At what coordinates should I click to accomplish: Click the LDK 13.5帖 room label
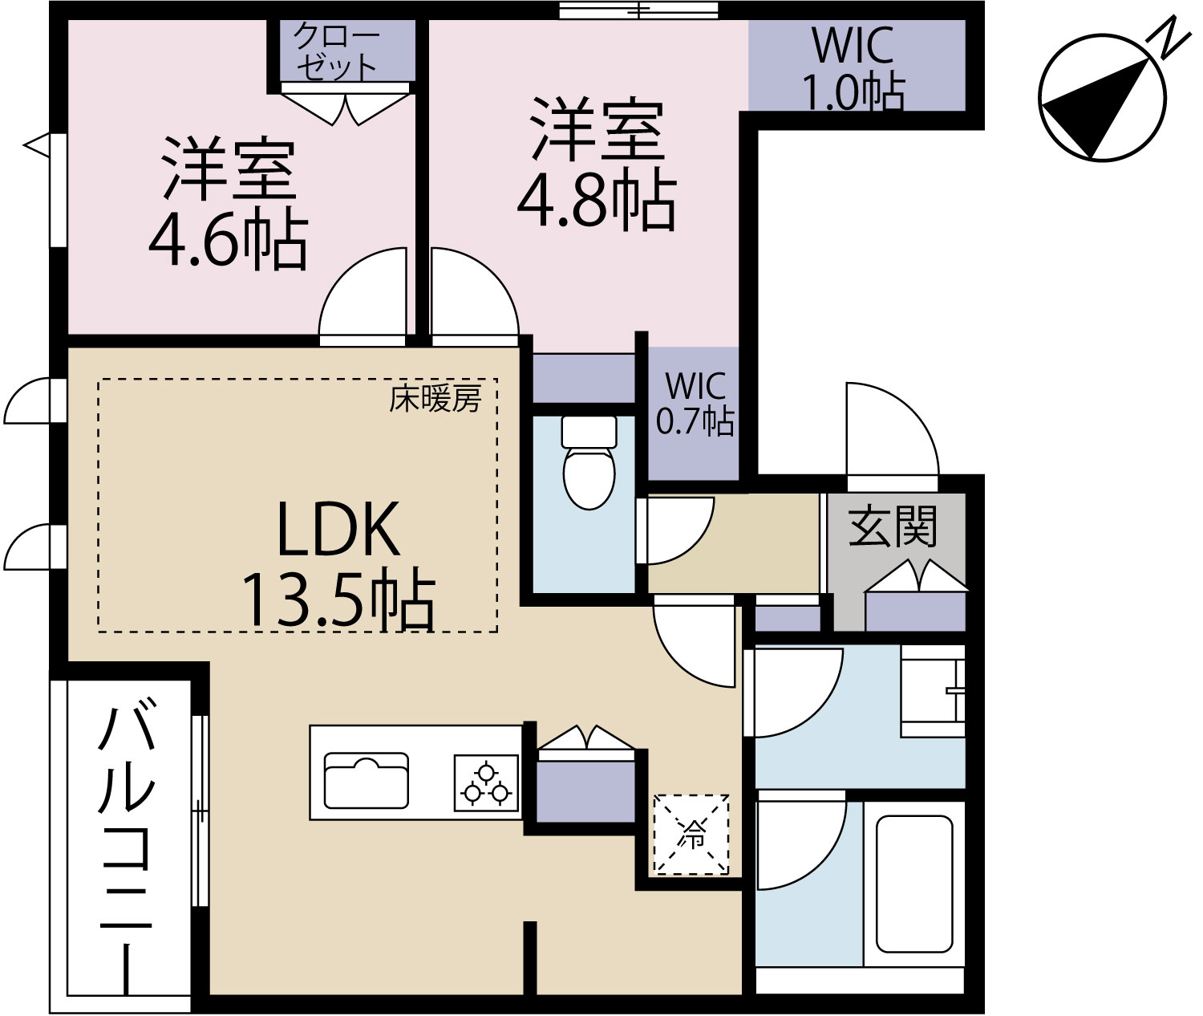click(x=338, y=563)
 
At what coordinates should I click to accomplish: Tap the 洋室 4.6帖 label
click(x=228, y=204)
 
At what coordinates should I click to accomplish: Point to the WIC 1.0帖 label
click(x=853, y=69)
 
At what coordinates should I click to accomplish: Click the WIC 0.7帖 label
click(x=695, y=404)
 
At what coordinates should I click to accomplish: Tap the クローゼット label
click(x=336, y=52)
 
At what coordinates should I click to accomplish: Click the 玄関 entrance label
click(x=893, y=526)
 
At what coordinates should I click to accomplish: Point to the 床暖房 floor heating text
click(x=435, y=398)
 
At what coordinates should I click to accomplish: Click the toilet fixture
click(x=589, y=462)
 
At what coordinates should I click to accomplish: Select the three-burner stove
click(x=486, y=783)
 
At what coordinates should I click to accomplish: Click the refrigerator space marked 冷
click(x=691, y=834)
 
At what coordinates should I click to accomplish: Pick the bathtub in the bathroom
click(x=914, y=884)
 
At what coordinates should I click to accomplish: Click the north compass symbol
click(x=1102, y=97)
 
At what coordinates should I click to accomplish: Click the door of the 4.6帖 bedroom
click(x=363, y=296)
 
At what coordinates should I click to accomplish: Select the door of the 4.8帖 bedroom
click(x=475, y=296)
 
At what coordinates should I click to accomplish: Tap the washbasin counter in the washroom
click(x=933, y=691)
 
